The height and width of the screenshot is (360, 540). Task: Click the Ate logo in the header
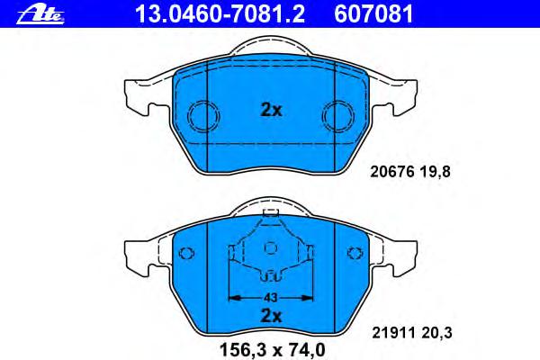(40, 14)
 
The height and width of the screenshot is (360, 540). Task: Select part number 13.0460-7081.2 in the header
(220, 13)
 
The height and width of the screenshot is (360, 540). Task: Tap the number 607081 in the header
(373, 13)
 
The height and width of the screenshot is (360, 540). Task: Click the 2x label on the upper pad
(271, 110)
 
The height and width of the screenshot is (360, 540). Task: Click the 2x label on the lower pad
(271, 315)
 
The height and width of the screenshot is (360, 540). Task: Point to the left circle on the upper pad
(203, 116)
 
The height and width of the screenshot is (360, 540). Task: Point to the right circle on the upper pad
(337, 116)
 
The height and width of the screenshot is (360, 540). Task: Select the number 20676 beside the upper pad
(391, 172)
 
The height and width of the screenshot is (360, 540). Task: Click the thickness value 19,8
(435, 172)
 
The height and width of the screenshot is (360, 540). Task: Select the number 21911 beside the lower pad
(393, 333)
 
